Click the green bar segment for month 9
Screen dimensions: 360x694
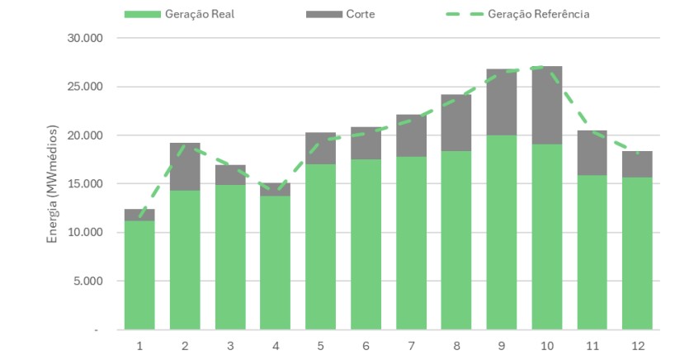point(501,232)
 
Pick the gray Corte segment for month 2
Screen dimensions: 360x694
point(185,167)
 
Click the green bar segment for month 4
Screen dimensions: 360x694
point(275,263)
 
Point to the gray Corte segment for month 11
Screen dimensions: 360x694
point(592,153)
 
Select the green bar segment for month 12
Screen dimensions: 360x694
point(637,253)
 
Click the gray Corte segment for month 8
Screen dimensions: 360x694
point(456,123)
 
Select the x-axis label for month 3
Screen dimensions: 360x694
point(230,344)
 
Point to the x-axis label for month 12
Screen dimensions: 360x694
point(637,344)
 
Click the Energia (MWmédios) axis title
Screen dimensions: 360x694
point(52,183)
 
